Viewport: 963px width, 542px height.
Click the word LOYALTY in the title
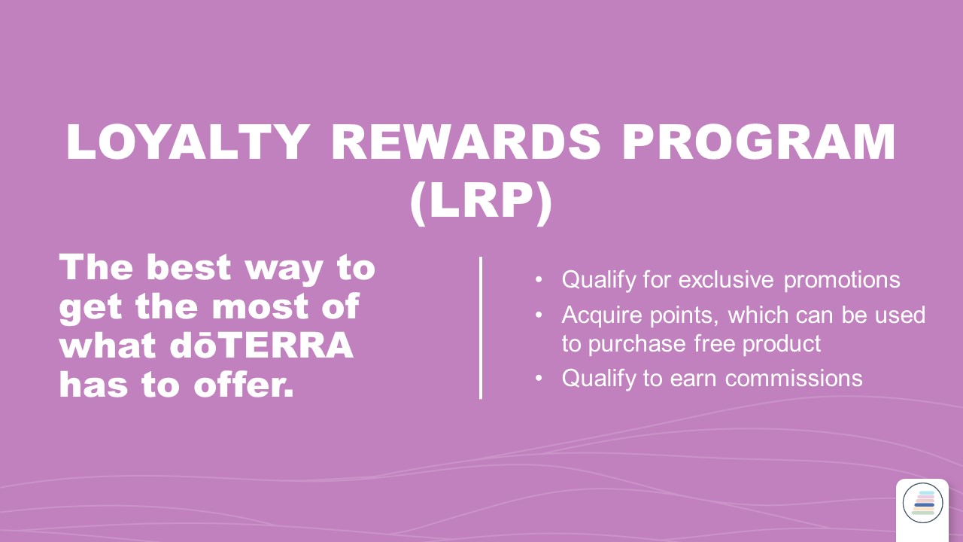tap(188, 142)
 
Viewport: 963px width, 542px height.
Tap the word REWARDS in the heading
tap(466, 142)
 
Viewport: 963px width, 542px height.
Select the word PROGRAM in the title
tap(759, 142)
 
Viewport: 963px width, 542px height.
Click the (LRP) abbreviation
tap(481, 202)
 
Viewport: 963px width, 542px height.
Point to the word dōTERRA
tap(262, 346)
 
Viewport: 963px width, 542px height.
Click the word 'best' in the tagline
tap(189, 267)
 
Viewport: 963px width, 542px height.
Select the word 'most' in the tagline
tap(259, 307)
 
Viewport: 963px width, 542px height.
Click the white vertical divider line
tap(481, 327)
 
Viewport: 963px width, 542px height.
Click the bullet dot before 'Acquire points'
tap(539, 315)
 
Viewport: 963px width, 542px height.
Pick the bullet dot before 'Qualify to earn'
tap(539, 379)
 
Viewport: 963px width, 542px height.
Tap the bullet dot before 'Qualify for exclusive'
tap(539, 279)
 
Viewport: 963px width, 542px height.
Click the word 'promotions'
tap(842, 281)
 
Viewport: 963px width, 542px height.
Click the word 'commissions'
tap(794, 379)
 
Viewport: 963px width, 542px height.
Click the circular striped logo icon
tap(922, 503)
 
